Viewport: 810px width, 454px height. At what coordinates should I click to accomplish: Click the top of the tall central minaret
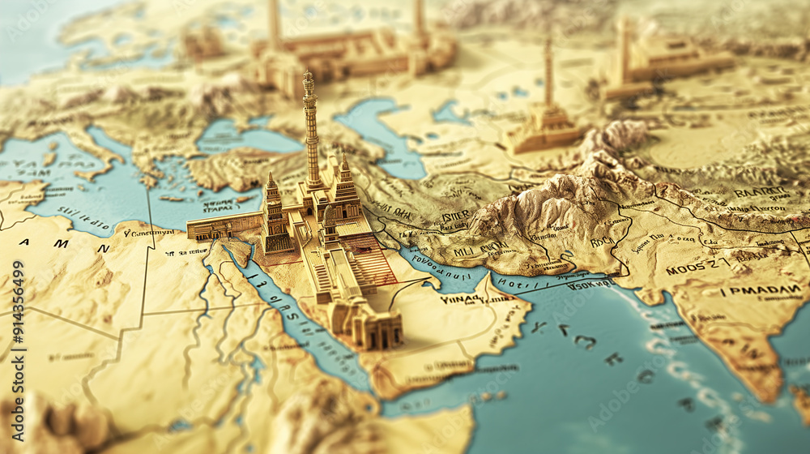(308, 77)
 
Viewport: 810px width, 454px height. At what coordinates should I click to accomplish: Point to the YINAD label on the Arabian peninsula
(461, 299)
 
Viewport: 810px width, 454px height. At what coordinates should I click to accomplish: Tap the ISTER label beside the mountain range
(454, 216)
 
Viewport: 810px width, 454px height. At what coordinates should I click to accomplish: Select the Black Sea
(243, 138)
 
